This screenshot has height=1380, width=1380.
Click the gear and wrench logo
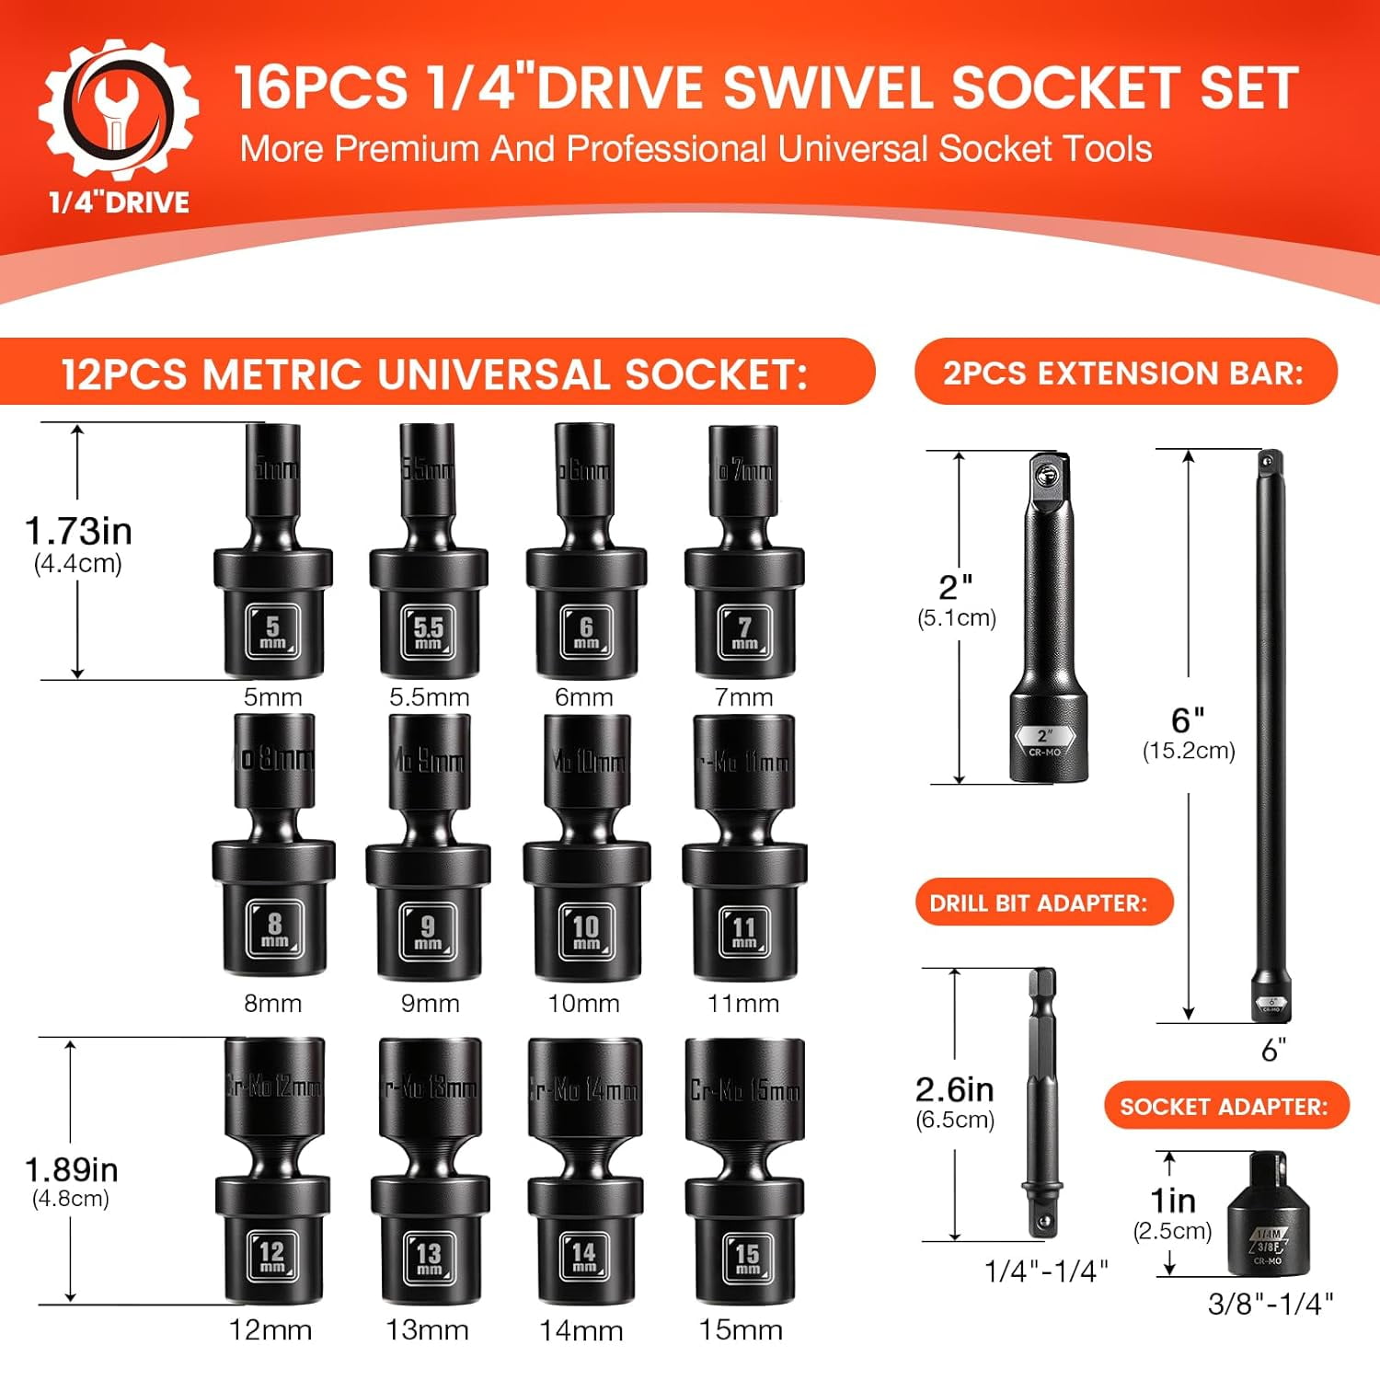coord(118,109)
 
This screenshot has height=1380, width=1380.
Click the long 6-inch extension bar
coord(1270,736)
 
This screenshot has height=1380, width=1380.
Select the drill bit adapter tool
coord(1042,1104)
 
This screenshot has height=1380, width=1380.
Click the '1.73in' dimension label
coord(78,531)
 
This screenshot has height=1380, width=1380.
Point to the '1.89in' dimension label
coord(71,1169)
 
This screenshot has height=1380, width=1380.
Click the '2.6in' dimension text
coord(954,1089)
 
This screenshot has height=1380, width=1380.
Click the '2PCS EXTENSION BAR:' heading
coord(1123,373)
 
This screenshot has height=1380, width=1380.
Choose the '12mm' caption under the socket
coord(270,1329)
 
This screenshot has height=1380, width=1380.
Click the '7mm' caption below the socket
coord(743,697)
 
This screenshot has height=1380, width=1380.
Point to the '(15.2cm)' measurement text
coord(1189,751)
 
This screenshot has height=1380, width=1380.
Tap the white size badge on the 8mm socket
coord(274,928)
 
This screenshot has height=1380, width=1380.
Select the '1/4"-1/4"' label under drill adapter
coord(1046,1271)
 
